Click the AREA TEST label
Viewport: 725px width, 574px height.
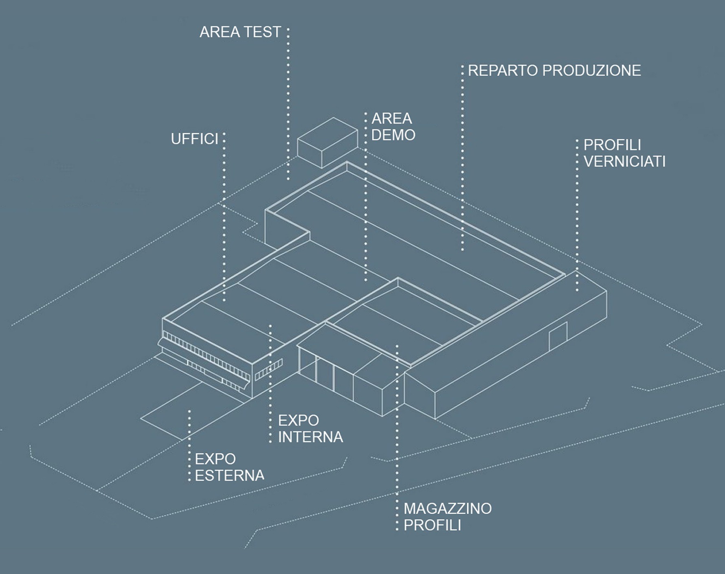240,32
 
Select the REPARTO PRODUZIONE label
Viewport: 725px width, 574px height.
554,70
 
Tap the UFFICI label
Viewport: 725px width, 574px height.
195,139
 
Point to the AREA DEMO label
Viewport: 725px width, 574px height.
393,127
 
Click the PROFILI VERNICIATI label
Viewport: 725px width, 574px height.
624,153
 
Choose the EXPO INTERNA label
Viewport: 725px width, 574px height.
310,429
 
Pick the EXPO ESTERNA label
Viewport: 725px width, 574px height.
229,467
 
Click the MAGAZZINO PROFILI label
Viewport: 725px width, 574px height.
448,517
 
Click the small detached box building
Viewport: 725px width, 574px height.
327,142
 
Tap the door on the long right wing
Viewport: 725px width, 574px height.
558,336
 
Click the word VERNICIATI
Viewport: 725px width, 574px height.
624,161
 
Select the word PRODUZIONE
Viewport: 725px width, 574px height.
592,70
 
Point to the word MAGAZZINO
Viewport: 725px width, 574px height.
448,508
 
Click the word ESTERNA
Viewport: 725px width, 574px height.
229,475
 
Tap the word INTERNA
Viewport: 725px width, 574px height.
310,437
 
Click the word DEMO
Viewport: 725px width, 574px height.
393,135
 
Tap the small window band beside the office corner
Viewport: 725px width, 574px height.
269,369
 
